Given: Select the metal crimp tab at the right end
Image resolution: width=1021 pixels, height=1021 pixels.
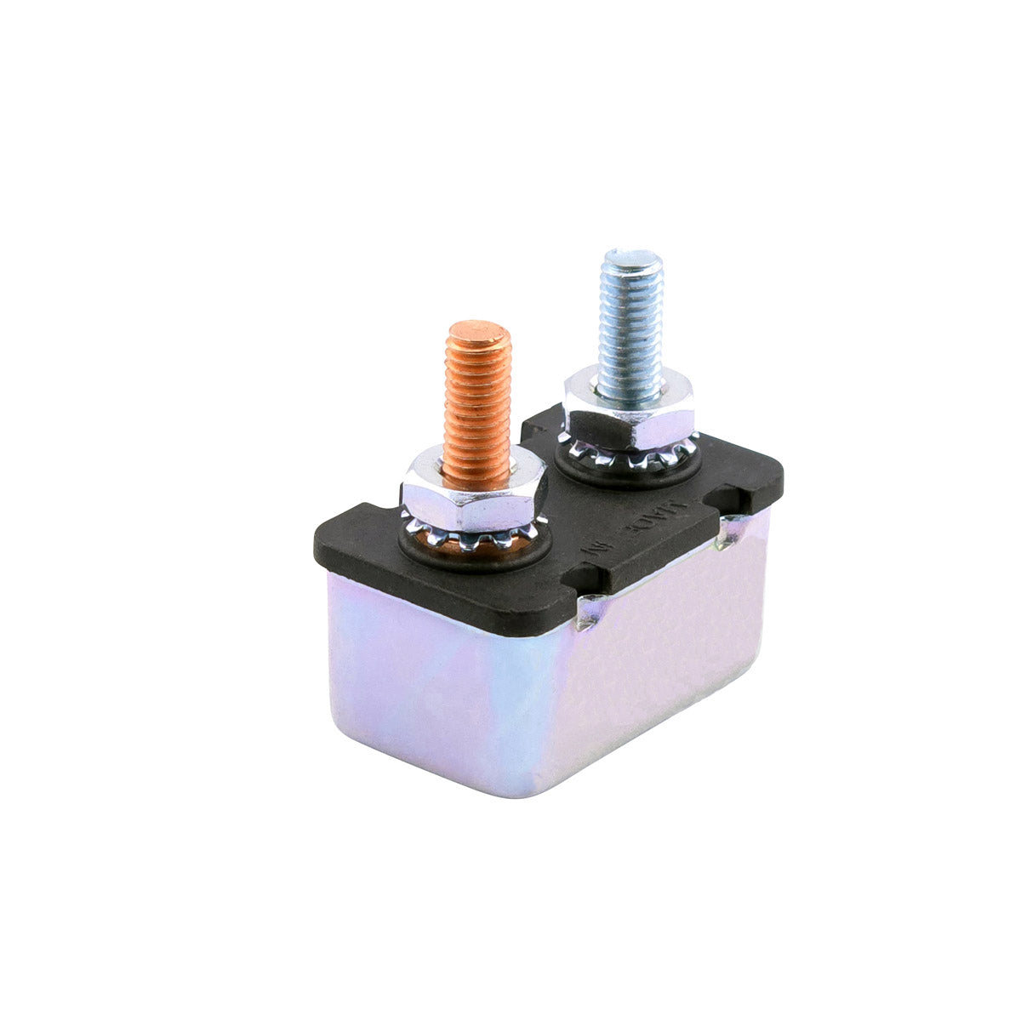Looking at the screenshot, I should (730, 532).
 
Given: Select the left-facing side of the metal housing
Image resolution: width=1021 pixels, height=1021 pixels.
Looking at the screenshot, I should (425, 681).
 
